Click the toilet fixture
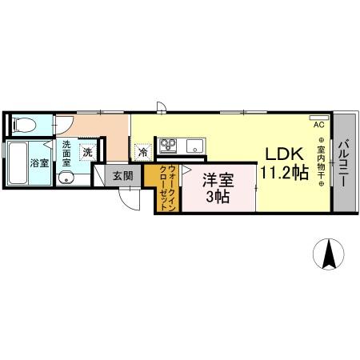pos(22,124)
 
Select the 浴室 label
pos(39,162)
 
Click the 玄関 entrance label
pos(122,175)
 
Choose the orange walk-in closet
pos(166,189)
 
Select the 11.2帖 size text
pos(282,174)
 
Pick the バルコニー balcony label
pos(343,163)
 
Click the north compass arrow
pos(328,254)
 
